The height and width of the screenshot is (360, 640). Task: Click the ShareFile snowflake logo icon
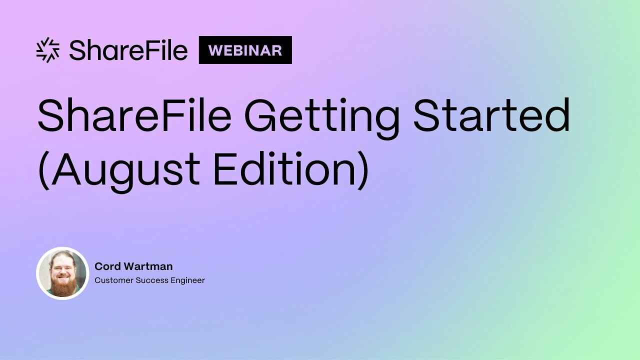click(48, 50)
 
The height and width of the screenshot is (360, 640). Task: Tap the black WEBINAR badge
click(245, 50)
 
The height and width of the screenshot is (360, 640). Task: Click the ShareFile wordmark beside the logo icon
click(128, 50)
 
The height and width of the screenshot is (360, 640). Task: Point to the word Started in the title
click(491, 115)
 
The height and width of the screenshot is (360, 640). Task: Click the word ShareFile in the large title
click(134, 115)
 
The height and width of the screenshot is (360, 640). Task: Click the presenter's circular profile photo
click(62, 273)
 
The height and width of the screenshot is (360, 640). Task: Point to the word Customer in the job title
click(113, 280)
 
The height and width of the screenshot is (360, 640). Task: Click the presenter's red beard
click(63, 286)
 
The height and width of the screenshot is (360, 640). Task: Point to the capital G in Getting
click(263, 115)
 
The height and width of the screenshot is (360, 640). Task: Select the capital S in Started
click(426, 115)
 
